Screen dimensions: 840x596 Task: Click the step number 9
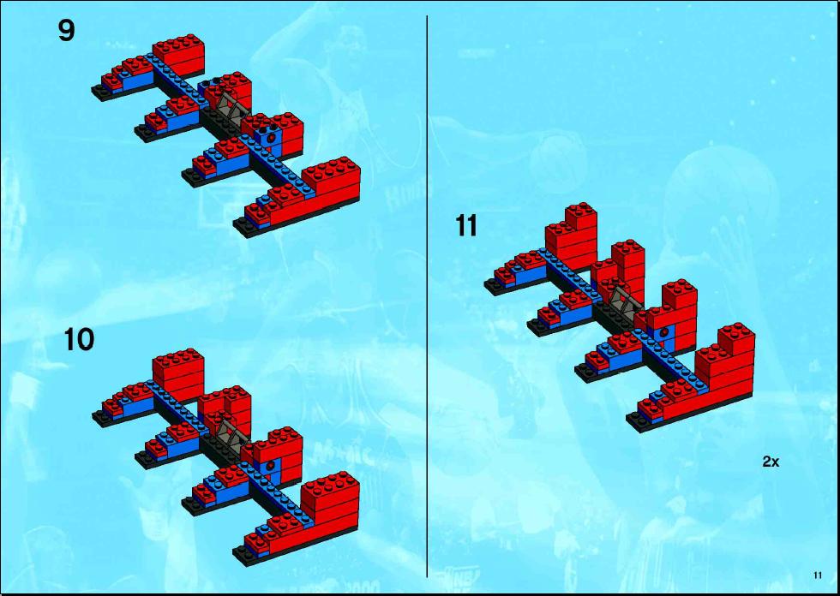[67, 31]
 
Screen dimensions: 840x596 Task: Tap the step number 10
[79, 339]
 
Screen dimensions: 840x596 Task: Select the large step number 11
[466, 226]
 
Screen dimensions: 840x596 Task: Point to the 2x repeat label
[771, 462]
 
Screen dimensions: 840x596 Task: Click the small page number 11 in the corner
[818, 575]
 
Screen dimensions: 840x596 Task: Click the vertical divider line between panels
[427, 296]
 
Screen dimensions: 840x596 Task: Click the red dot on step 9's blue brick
[273, 138]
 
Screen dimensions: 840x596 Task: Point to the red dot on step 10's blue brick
[273, 464]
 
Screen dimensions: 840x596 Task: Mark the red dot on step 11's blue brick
[664, 332]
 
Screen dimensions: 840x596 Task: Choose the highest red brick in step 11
[581, 214]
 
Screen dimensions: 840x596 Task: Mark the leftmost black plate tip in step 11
[494, 288]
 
